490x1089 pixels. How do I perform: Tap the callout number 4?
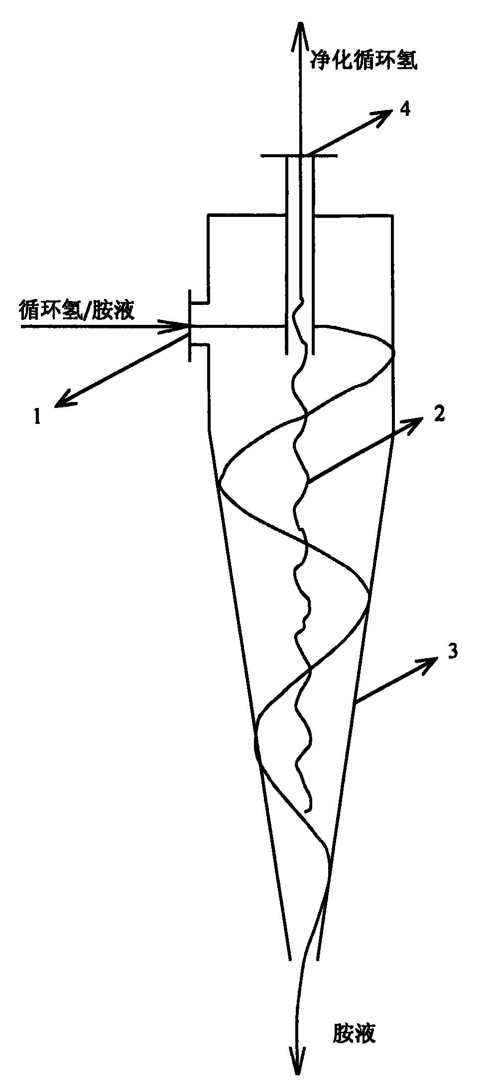point(406,109)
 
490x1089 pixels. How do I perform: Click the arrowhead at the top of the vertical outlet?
point(300,35)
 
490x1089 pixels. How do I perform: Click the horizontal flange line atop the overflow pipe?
point(299,156)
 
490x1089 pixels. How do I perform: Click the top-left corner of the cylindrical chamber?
point(208,215)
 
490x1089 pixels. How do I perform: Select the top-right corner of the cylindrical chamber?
point(393,215)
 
